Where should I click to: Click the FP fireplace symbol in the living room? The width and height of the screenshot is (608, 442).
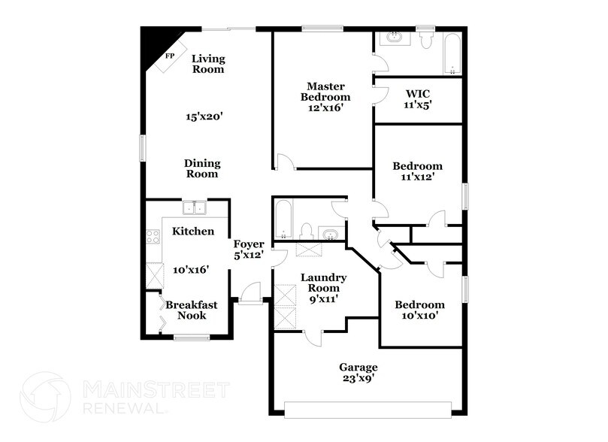click(x=169, y=56)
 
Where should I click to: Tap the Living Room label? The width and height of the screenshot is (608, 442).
click(x=208, y=64)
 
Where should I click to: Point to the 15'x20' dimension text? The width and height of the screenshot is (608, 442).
click(x=204, y=117)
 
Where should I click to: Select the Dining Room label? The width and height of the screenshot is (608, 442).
click(x=203, y=168)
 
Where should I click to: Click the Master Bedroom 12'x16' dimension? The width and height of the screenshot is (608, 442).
click(x=325, y=107)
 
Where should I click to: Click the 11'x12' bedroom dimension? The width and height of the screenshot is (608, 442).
click(x=418, y=177)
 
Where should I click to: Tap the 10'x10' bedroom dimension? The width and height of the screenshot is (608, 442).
click(x=419, y=316)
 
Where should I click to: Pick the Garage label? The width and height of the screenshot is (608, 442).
click(x=358, y=368)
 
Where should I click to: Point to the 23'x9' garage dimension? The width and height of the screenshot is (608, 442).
click(x=358, y=379)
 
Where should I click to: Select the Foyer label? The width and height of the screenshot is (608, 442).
click(x=248, y=244)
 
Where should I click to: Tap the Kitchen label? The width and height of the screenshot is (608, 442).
click(x=193, y=232)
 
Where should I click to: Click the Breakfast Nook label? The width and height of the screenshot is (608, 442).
click(x=192, y=310)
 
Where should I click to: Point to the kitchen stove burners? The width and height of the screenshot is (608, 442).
click(x=153, y=238)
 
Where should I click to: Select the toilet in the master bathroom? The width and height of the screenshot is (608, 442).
click(x=427, y=39)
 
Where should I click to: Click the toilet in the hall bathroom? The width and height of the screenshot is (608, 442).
click(x=306, y=230)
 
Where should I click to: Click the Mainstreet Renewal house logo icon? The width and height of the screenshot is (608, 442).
click(x=48, y=397)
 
